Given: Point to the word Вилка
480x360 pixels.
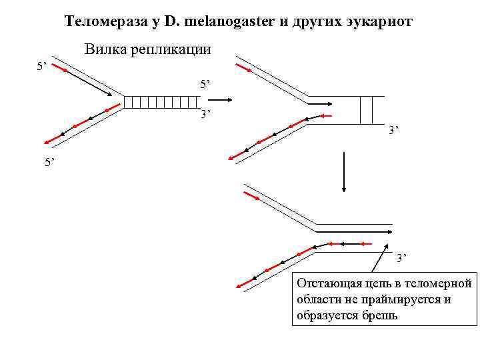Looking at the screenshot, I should (x=105, y=50).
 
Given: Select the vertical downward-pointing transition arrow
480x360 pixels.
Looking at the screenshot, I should (x=344, y=172).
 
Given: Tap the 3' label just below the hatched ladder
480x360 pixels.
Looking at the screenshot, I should (x=206, y=115).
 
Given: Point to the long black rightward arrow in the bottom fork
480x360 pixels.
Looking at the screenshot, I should (x=353, y=231).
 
